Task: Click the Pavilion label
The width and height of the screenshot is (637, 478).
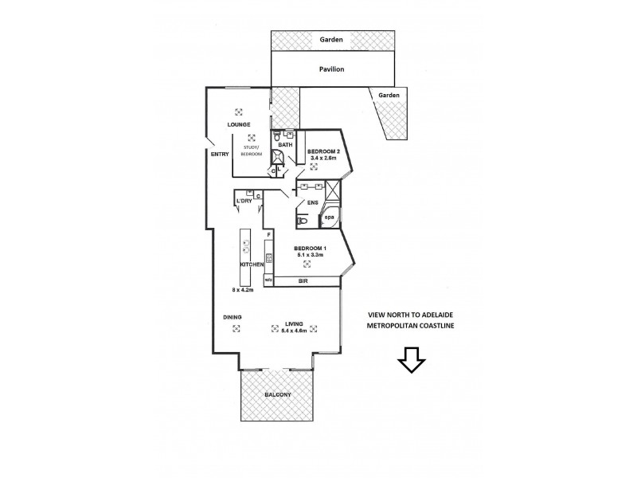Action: [x=333, y=70]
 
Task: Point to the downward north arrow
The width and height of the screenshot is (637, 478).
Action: [x=412, y=361]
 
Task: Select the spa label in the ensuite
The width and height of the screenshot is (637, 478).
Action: [x=328, y=216]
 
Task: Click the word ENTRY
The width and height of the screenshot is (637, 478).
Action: [x=221, y=154]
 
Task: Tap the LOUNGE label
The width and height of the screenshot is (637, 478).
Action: [x=239, y=125]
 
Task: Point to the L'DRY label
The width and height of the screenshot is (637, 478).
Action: [x=244, y=201]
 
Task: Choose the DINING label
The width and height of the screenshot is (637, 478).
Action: [x=233, y=317]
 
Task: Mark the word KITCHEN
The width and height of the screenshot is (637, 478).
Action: [x=253, y=264]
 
